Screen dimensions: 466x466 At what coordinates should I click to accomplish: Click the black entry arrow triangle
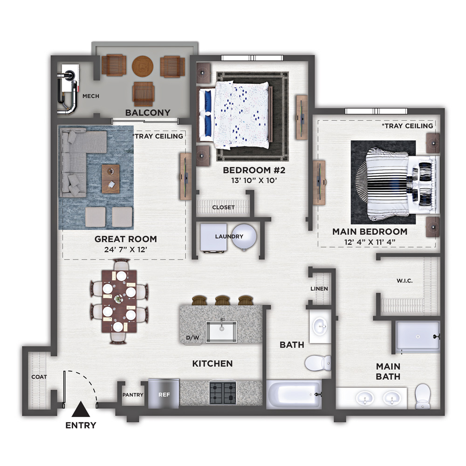click(x=81, y=410)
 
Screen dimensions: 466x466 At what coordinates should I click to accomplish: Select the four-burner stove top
click(x=223, y=393)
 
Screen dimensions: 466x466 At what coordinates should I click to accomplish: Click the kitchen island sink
click(x=221, y=331)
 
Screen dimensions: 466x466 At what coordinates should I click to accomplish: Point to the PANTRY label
click(x=133, y=395)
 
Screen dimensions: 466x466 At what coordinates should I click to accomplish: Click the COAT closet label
click(x=39, y=377)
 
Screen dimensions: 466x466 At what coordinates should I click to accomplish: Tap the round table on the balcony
click(x=143, y=66)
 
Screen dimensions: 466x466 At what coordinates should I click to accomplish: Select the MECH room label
click(x=91, y=96)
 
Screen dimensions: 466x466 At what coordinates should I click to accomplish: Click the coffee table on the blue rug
click(x=111, y=179)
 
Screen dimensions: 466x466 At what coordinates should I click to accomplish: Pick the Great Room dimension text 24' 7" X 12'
click(x=126, y=249)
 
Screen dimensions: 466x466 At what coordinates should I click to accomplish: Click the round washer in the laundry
click(x=244, y=237)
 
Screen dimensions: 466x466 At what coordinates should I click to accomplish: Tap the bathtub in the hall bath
click(x=294, y=394)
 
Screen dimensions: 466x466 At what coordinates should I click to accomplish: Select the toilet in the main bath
click(x=422, y=397)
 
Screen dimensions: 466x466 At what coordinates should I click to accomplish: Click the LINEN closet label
click(x=319, y=288)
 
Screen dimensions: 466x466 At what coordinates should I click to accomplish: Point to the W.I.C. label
click(x=404, y=281)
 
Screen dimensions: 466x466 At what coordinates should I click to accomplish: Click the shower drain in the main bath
click(x=418, y=336)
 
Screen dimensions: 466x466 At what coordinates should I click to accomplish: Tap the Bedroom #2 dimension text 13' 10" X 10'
click(x=254, y=180)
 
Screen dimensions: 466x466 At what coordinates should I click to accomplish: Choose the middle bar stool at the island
click(x=222, y=300)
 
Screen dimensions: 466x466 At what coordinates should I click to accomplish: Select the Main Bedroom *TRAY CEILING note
click(x=407, y=126)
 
